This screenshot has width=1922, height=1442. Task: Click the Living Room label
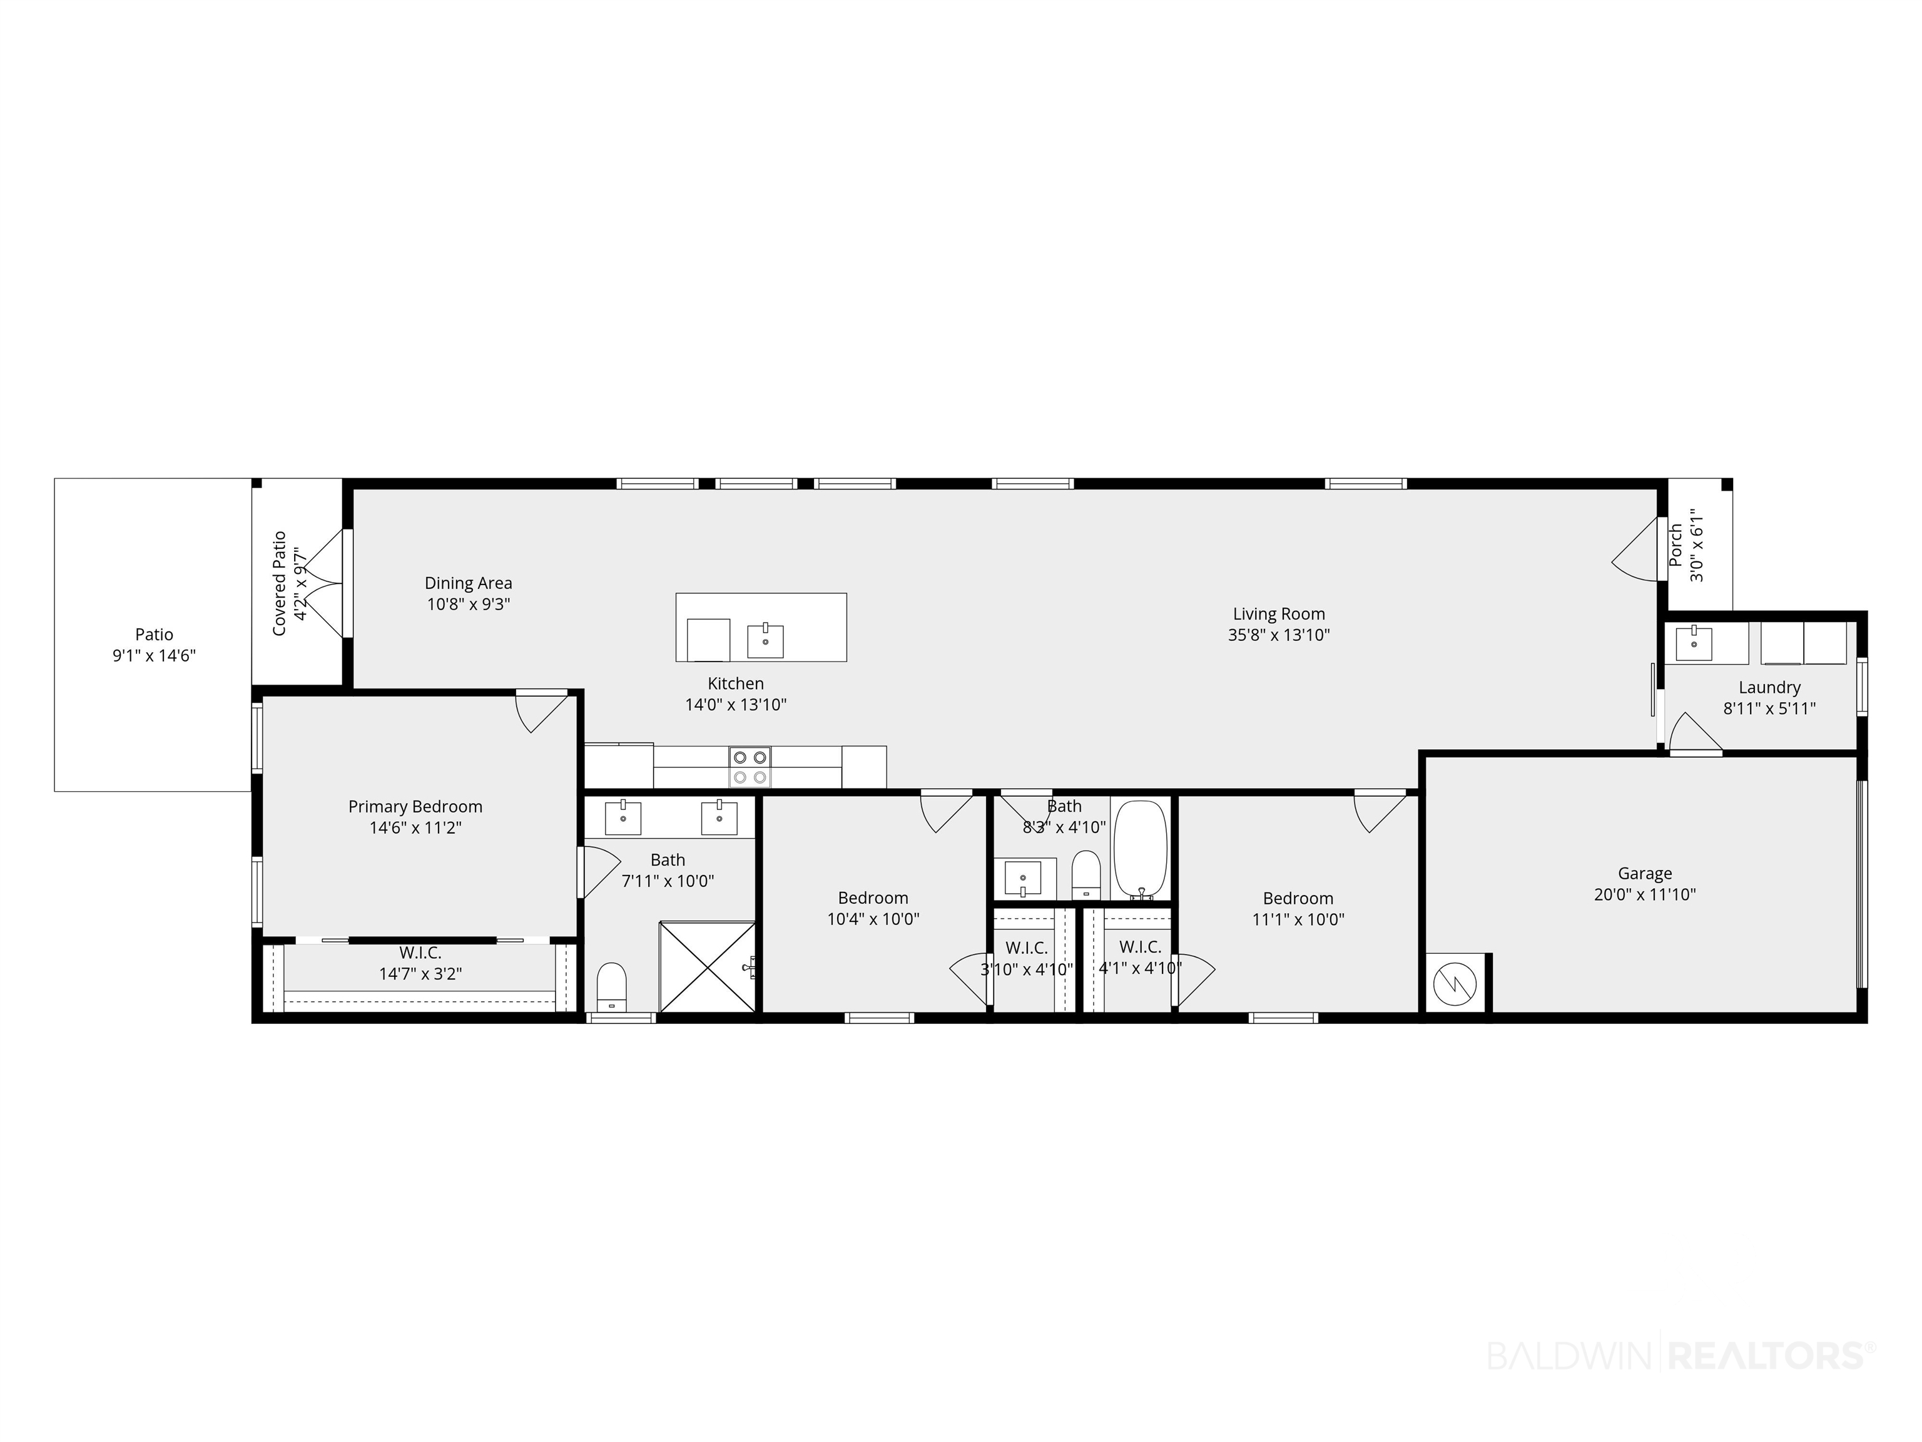coord(1278,613)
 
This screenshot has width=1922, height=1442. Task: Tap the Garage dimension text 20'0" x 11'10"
coord(1645,894)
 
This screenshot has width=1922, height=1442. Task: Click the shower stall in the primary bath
coord(707,966)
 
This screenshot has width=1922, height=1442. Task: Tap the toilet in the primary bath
coord(612,986)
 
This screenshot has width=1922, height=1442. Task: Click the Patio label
coord(154,635)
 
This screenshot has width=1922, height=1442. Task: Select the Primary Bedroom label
coord(415,807)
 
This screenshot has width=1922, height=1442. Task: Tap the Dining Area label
coord(469,583)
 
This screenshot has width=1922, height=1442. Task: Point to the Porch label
coord(1676,545)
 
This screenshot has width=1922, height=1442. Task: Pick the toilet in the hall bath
coord(1086,874)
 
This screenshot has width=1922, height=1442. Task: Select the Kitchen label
coord(736,684)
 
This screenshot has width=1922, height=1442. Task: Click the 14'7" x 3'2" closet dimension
coord(420,973)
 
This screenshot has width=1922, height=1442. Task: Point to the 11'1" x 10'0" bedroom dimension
coord(1298,919)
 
